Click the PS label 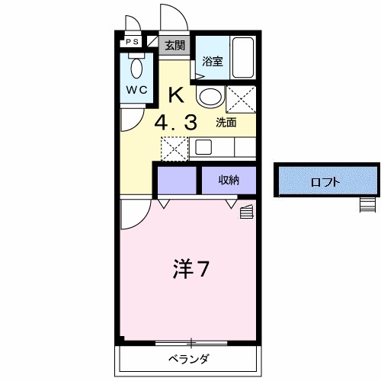(x=132, y=43)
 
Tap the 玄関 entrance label (x=174, y=45)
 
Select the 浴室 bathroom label (x=212, y=62)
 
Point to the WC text (x=136, y=89)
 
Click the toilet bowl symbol (x=137, y=68)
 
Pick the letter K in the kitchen (x=175, y=96)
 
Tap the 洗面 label (x=226, y=122)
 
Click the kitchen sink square (x=204, y=146)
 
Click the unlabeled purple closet (x=176, y=181)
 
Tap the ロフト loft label (x=325, y=182)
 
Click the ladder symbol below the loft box (x=368, y=203)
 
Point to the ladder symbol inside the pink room (x=246, y=211)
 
